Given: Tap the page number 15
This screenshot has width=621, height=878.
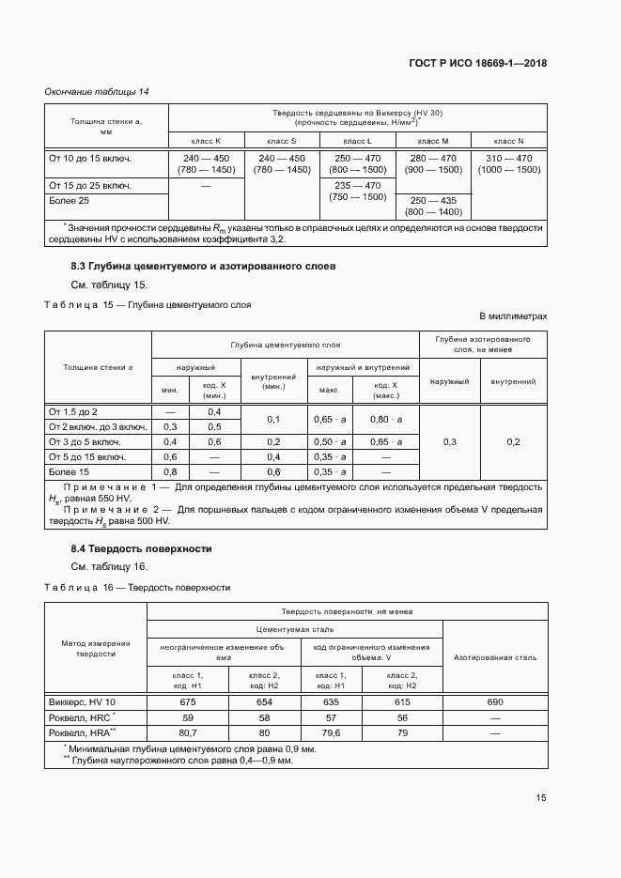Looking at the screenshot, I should (x=541, y=798).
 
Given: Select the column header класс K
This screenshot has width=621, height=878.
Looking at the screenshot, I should (x=206, y=140).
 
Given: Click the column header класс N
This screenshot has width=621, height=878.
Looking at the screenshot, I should (x=508, y=140).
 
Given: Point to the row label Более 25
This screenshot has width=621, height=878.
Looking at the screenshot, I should (x=70, y=201).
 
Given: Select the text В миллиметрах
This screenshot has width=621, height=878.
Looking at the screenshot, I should (x=513, y=316).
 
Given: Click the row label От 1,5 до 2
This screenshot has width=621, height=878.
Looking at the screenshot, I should (x=73, y=412).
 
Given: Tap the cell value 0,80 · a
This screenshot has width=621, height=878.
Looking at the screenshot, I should (x=385, y=419).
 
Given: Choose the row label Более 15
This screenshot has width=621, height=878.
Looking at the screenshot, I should (x=70, y=471).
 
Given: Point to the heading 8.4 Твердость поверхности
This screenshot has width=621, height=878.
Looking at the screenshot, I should (x=141, y=548).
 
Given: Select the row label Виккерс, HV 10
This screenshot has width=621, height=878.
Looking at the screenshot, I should (x=83, y=701).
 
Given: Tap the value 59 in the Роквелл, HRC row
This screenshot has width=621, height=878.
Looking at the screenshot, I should (x=186, y=716).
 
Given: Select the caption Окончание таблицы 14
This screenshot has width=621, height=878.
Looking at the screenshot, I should (x=97, y=91).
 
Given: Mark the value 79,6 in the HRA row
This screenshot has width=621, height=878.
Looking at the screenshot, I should (x=331, y=732).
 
